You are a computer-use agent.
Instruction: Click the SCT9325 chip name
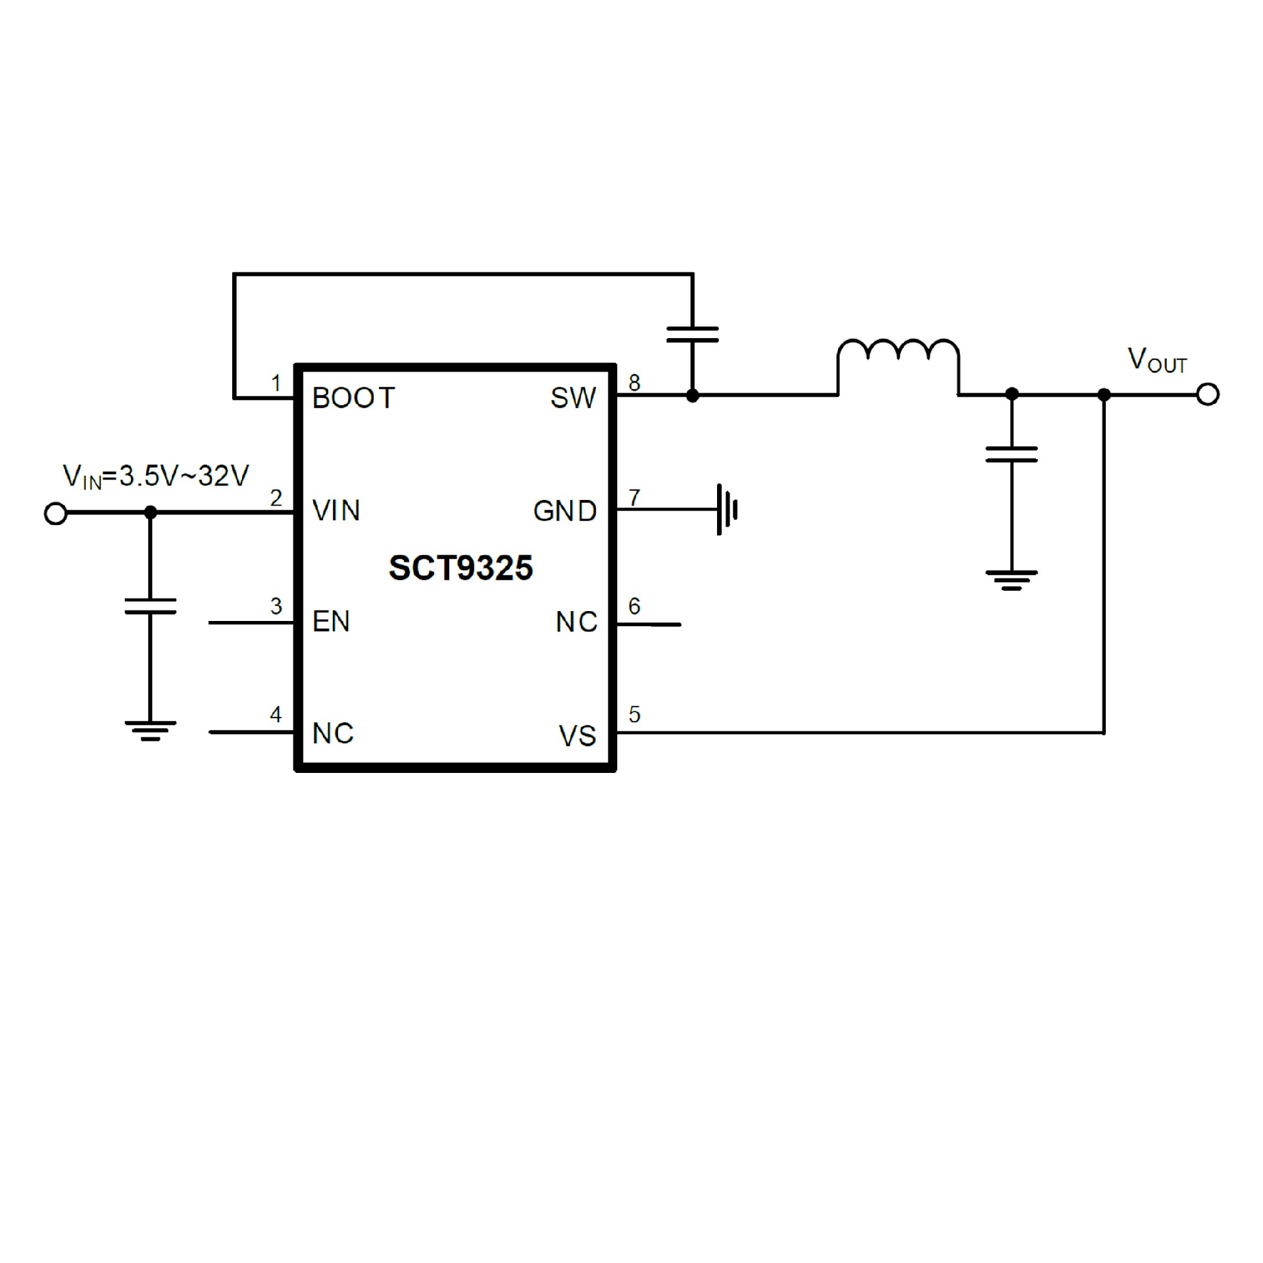(x=460, y=568)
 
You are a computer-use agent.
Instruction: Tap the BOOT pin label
(x=353, y=398)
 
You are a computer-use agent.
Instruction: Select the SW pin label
(x=573, y=398)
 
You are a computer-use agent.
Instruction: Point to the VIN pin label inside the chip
(x=336, y=511)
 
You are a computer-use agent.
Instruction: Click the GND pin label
(x=565, y=511)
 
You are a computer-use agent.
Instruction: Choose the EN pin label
(x=331, y=622)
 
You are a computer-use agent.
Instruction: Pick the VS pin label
(x=578, y=736)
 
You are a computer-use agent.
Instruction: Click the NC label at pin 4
(x=333, y=733)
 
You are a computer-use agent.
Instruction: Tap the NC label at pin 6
(x=576, y=622)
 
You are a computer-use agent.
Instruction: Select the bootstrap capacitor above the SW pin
(x=693, y=334)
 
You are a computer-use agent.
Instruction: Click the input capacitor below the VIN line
(x=151, y=606)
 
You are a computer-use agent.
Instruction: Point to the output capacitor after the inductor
(x=1012, y=454)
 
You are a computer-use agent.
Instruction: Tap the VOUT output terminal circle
(x=1208, y=395)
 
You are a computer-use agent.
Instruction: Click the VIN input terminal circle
(x=56, y=513)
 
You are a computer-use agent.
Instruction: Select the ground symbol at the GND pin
(x=727, y=510)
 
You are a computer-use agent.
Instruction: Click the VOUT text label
(x=1157, y=360)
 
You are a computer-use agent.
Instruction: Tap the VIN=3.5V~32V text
(x=156, y=476)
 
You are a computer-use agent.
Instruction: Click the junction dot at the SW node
(x=693, y=395)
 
